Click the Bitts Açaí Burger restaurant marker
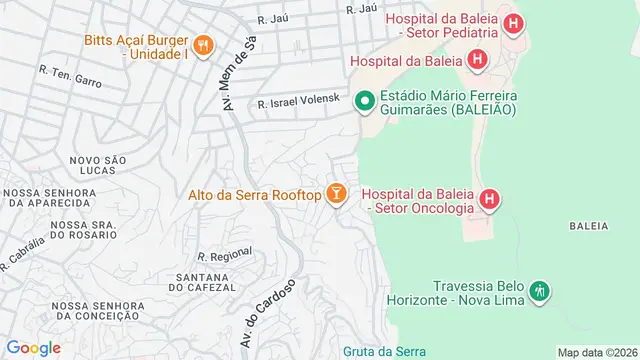[x=203, y=45]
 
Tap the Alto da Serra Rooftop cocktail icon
[x=336, y=194]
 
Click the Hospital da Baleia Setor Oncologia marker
[x=489, y=200]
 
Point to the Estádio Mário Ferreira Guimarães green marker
[x=365, y=100]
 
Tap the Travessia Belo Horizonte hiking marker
[x=539, y=291]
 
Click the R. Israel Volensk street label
[x=300, y=103]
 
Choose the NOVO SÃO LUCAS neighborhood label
[x=97, y=166]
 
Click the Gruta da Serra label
[x=384, y=351]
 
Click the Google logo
[x=34, y=347]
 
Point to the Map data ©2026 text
[x=596, y=352]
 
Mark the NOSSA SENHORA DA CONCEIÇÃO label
[x=87, y=310]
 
